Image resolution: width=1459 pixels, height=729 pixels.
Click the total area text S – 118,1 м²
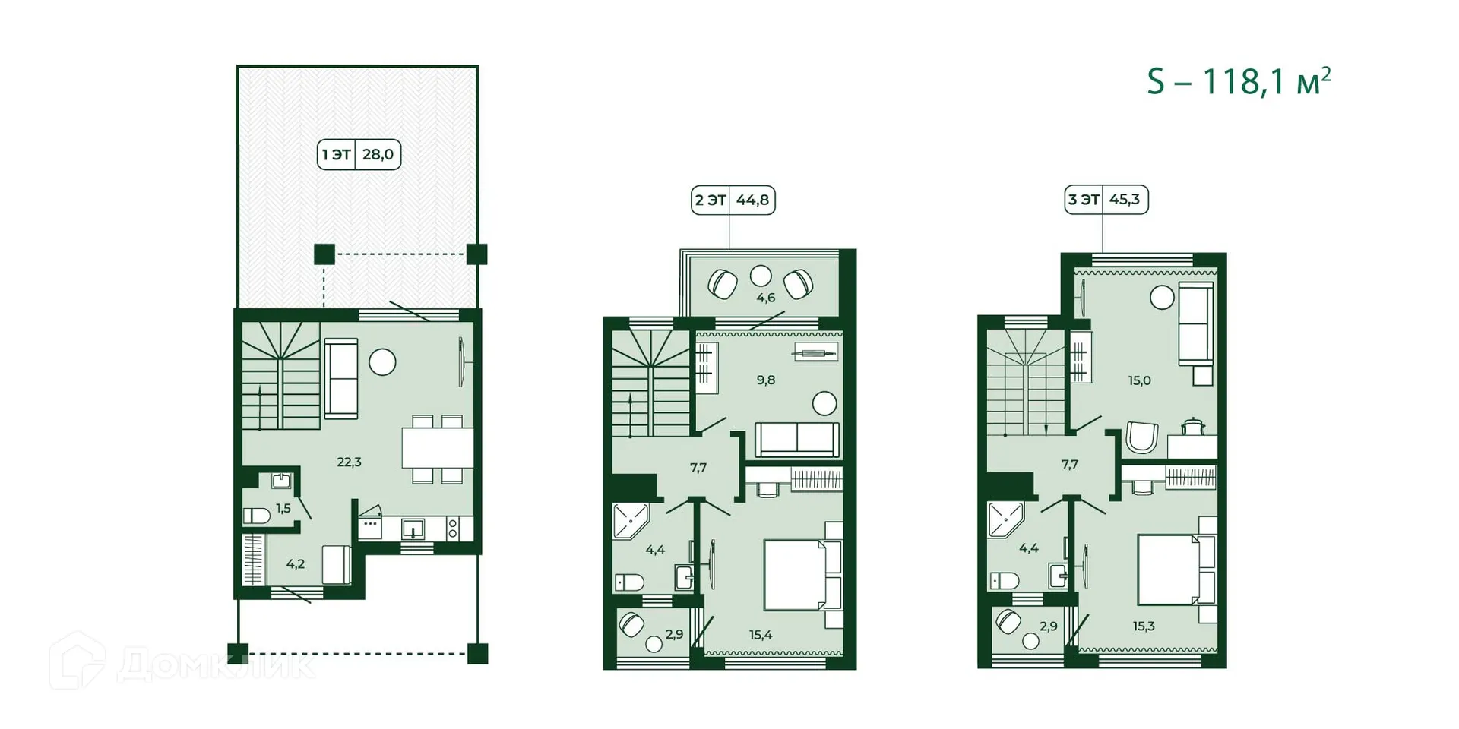(x=1239, y=82)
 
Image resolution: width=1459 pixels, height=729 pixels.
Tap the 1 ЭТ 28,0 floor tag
(x=359, y=155)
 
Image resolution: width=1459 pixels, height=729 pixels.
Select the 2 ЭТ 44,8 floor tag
(x=733, y=200)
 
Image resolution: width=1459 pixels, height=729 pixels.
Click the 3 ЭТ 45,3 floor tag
(x=1106, y=200)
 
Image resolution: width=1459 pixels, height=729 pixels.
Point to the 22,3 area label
(x=349, y=462)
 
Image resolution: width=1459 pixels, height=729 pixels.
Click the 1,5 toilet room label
(x=283, y=508)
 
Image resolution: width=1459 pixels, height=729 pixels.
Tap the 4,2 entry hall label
(x=296, y=563)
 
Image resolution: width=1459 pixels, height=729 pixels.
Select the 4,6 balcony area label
(x=765, y=298)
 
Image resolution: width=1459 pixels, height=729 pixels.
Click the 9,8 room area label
(x=765, y=380)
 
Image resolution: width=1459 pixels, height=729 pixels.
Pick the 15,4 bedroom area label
(x=761, y=634)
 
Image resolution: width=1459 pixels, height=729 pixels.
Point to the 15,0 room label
(x=1139, y=380)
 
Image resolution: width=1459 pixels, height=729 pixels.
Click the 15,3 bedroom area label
(x=1143, y=626)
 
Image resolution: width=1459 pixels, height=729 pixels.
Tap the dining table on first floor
(x=437, y=448)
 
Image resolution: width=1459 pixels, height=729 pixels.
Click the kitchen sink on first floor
(x=413, y=528)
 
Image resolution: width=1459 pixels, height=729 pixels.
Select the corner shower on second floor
(x=630, y=520)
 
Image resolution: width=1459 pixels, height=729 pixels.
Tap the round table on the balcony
(x=761, y=276)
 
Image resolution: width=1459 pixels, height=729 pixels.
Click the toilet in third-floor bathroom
(x=1005, y=581)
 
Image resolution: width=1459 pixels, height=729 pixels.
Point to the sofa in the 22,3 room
(x=340, y=378)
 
